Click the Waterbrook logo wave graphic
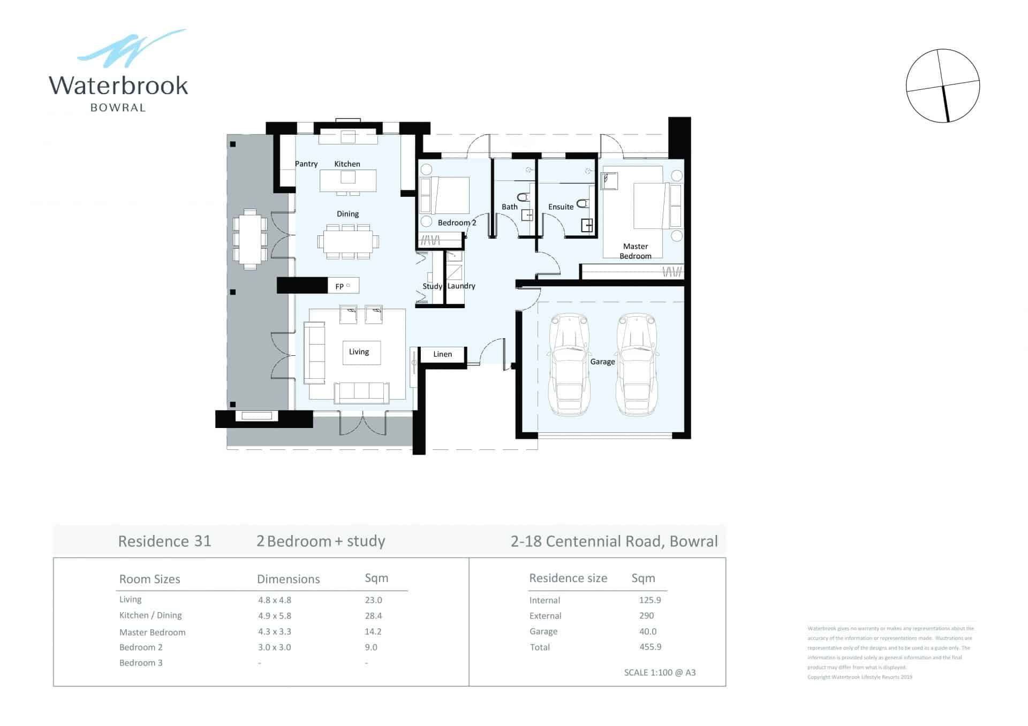(131, 49)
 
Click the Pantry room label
(306, 164)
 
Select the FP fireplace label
(339, 286)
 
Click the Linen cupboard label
(442, 354)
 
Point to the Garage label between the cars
(602, 362)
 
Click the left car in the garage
(570, 364)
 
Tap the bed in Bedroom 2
(450, 195)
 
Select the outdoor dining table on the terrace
(250, 239)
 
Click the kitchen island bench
(348, 180)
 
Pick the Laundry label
(461, 286)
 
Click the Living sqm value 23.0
(373, 600)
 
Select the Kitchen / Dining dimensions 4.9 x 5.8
(275, 616)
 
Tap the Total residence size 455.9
(650, 647)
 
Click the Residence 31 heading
(164, 541)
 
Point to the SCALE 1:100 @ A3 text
(660, 672)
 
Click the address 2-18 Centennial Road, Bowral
(614, 541)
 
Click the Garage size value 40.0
(648, 631)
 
